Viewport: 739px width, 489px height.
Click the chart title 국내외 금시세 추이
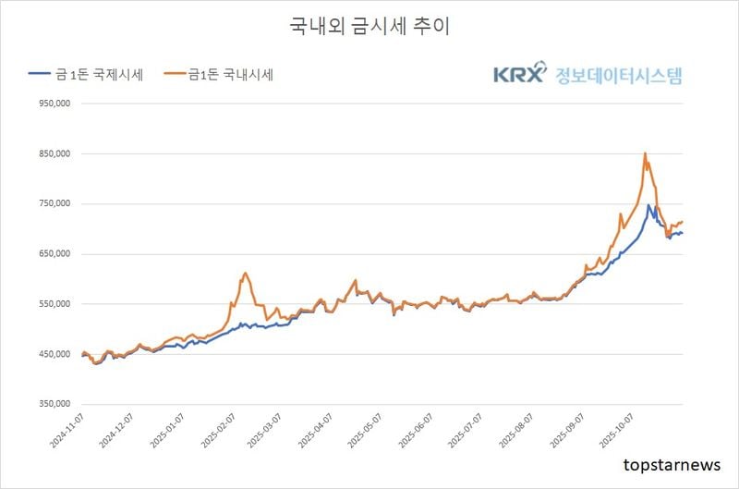[369, 27]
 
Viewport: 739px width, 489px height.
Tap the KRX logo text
[519, 74]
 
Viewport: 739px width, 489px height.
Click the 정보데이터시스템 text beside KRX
[618, 74]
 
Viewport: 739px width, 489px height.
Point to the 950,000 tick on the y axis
[54, 104]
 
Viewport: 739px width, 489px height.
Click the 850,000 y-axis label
[54, 154]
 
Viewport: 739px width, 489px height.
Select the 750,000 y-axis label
[54, 204]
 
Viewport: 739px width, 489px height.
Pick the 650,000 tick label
[54, 254]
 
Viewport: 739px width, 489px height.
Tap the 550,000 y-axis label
[54, 304]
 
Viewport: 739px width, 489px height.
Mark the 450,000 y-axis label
[54, 354]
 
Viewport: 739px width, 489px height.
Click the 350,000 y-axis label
[54, 404]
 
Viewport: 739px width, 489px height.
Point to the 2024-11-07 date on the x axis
[67, 430]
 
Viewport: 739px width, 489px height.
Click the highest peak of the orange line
[645, 153]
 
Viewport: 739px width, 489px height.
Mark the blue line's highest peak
[648, 205]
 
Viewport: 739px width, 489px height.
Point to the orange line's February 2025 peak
[245, 273]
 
